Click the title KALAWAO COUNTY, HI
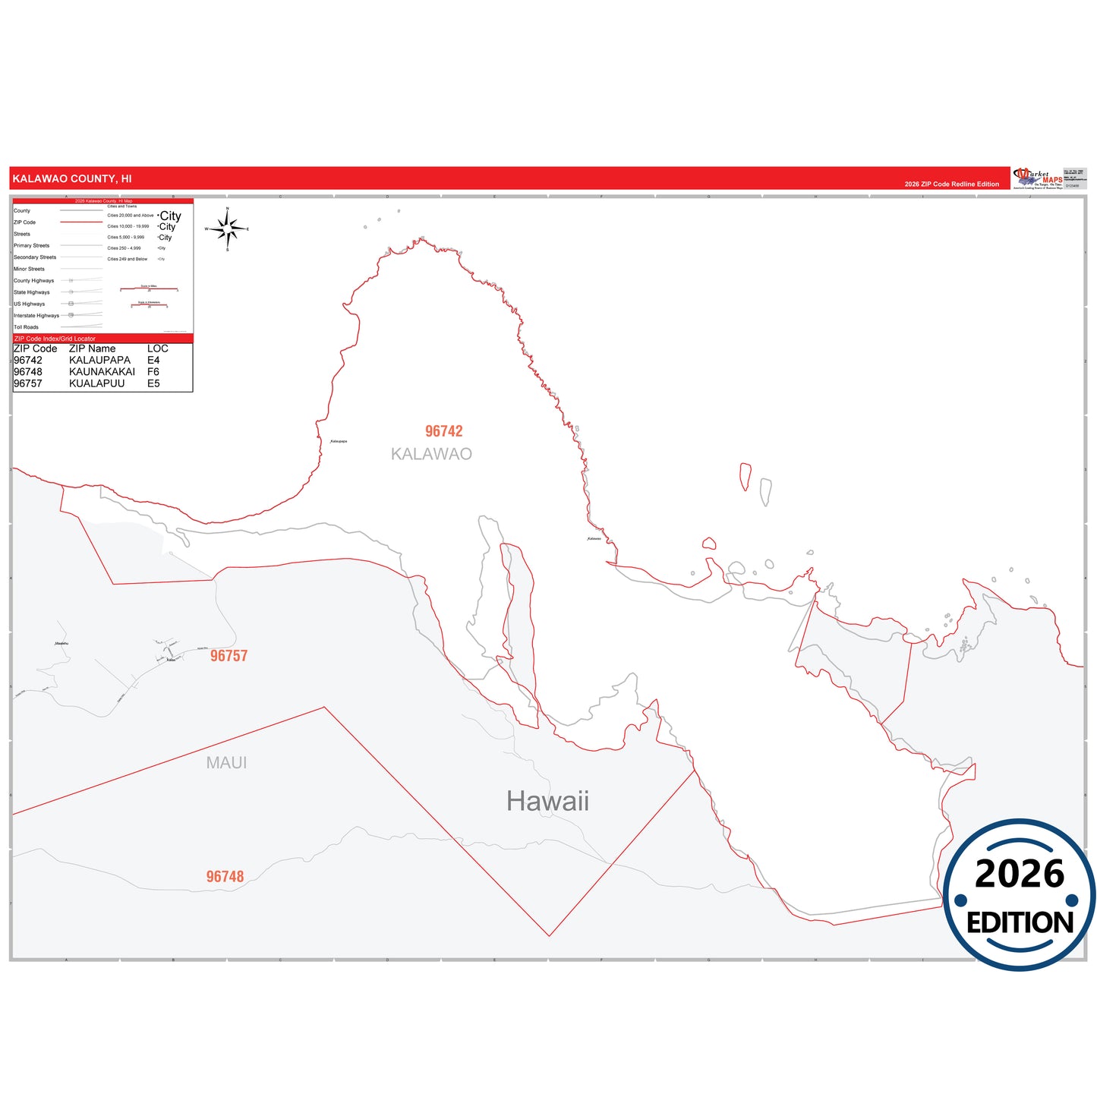tap(72, 179)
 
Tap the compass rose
tap(228, 228)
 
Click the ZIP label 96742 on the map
tap(443, 431)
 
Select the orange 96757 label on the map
tap(229, 656)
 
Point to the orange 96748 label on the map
tap(225, 877)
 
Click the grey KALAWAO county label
tap(431, 454)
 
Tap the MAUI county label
tap(226, 763)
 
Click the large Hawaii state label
tap(547, 801)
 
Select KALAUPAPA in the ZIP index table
tap(99, 361)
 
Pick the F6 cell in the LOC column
tap(153, 372)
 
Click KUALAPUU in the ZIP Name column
tap(96, 383)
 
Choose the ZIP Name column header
tap(92, 348)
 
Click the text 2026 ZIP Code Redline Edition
tap(951, 184)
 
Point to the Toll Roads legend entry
tap(26, 327)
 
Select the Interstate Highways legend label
tap(36, 316)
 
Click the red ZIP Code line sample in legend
tap(80, 222)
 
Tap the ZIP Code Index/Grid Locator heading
tap(55, 339)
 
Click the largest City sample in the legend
tap(170, 216)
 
